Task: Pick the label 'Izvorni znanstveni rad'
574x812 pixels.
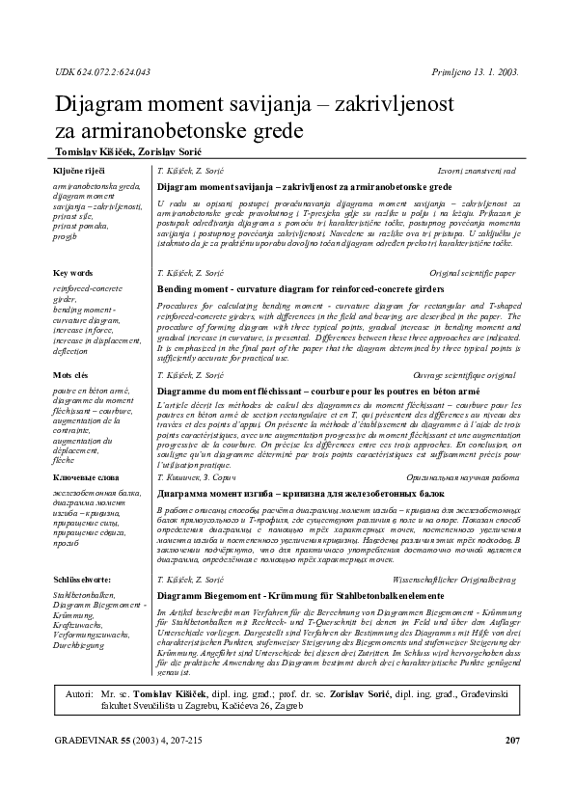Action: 477,170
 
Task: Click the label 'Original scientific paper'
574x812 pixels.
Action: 472,273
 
